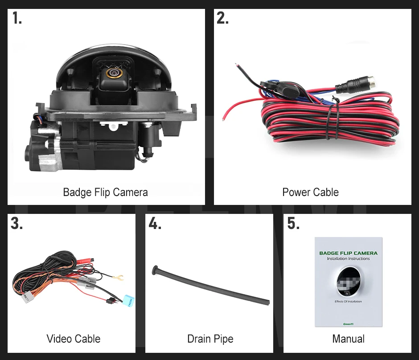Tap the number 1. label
pos(17,18)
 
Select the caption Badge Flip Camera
pos(105,192)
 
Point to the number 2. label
pos(222,18)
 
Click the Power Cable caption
pos(310,192)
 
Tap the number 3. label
pos(17,223)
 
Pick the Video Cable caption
pos(74,339)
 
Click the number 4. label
pos(155,223)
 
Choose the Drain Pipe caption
pos(210,339)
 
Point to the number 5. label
pos(293,223)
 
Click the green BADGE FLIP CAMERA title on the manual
pos(348,253)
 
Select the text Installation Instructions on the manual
pos(348,258)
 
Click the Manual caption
pos(348,339)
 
